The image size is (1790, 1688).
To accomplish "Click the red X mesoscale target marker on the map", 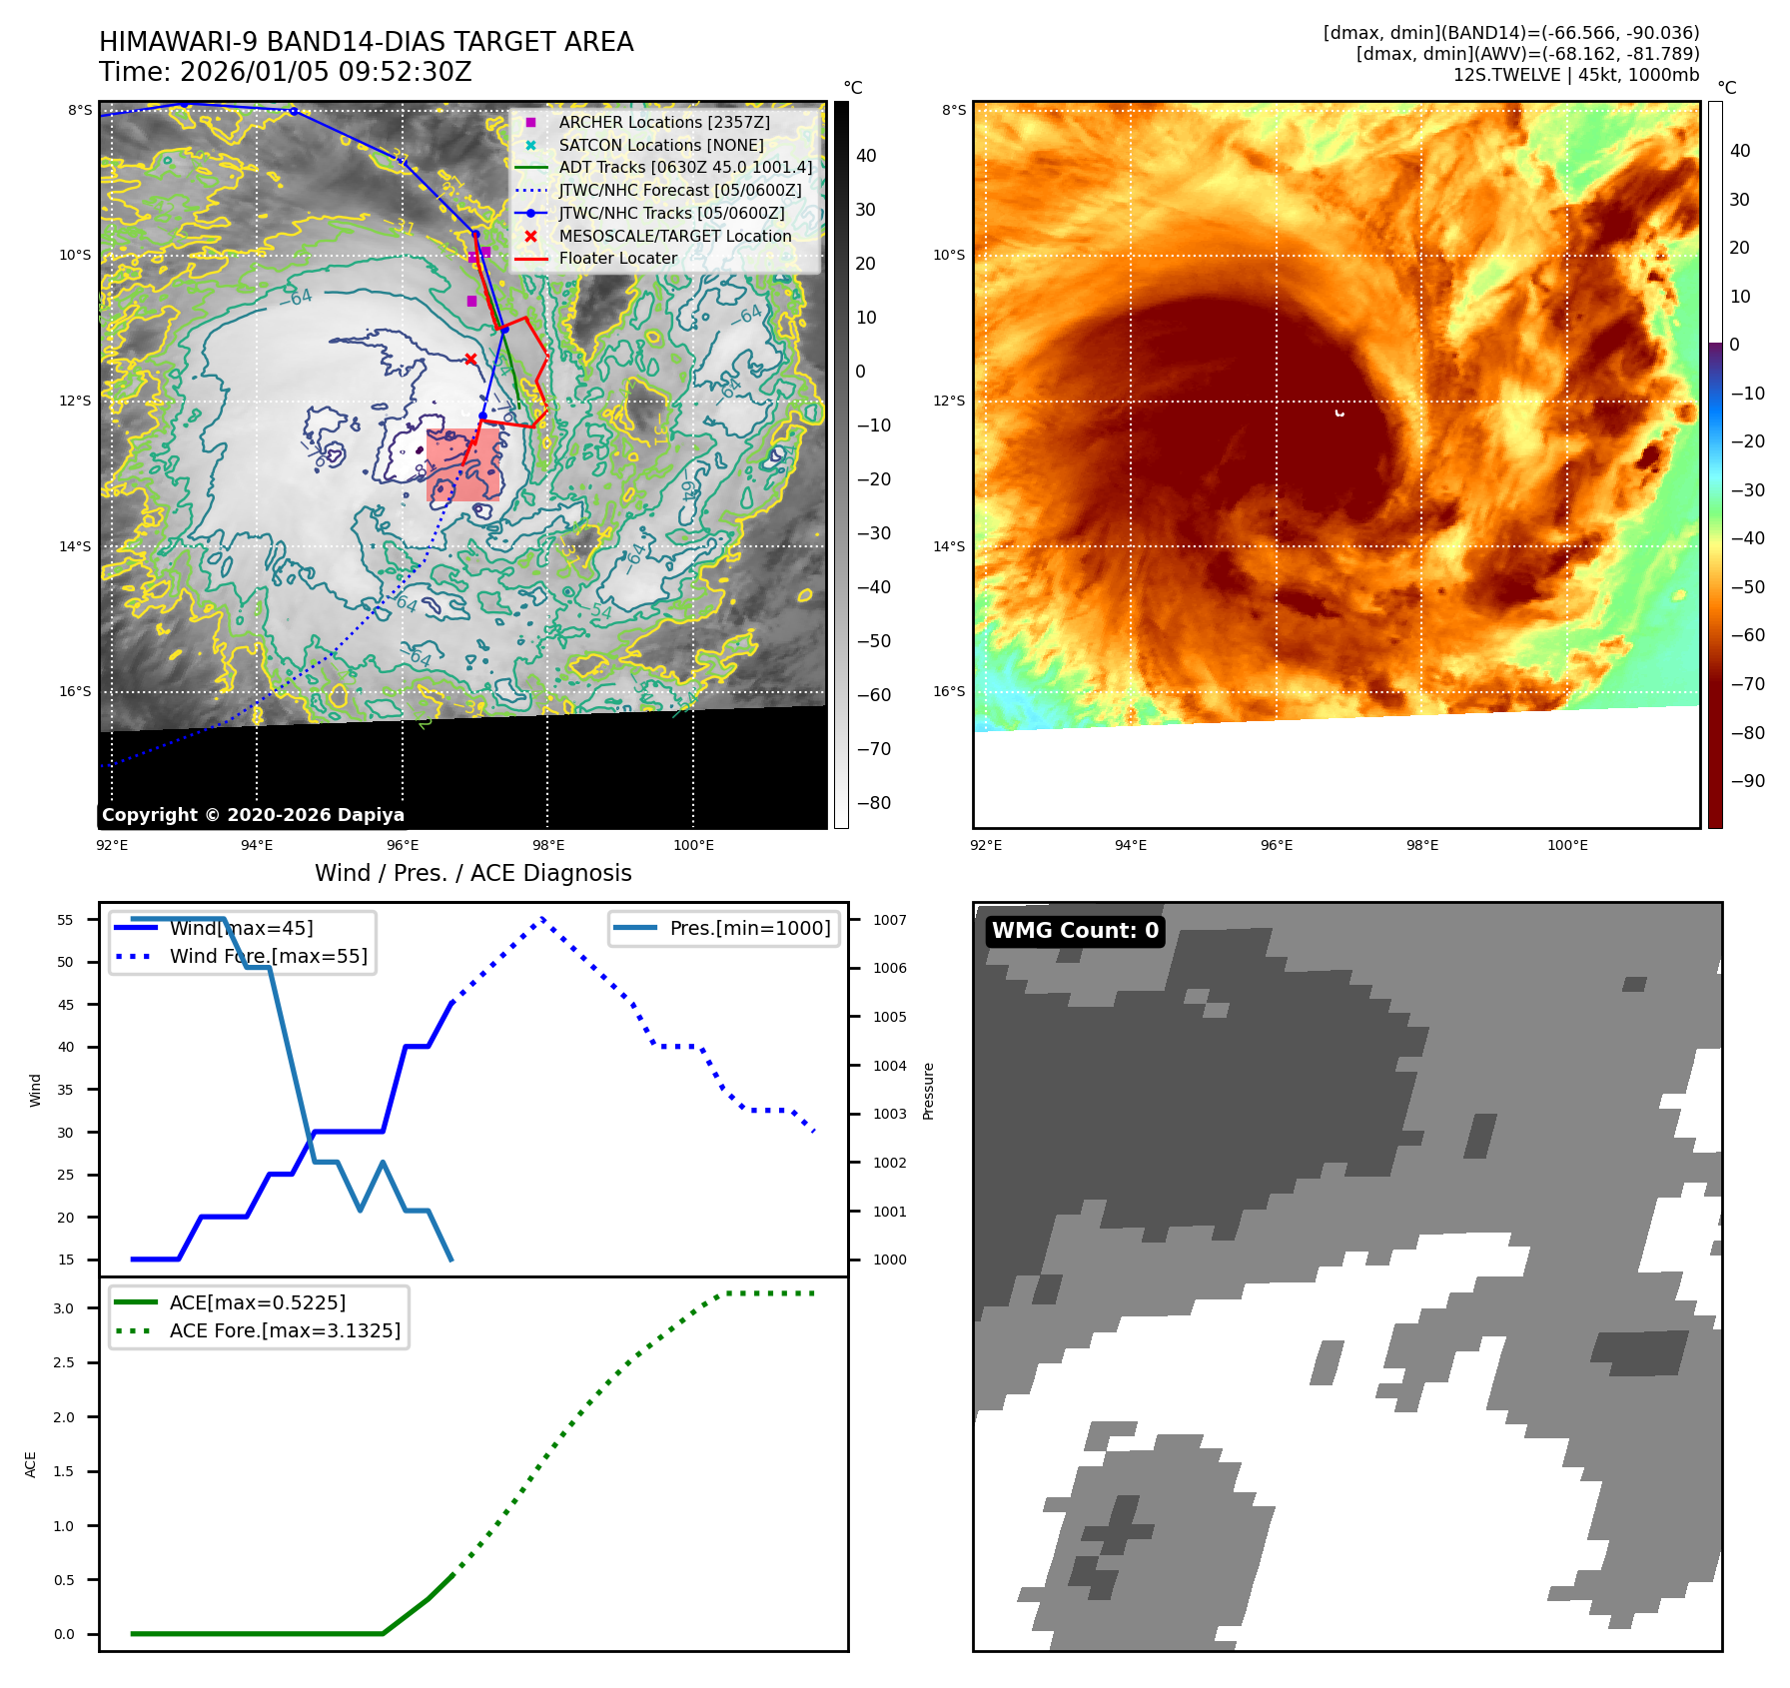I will click(x=470, y=360).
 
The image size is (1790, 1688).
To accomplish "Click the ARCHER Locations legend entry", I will click(x=663, y=122).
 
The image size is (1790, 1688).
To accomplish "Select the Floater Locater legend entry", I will click(x=617, y=258).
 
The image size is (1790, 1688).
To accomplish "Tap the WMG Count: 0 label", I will click(x=1075, y=931).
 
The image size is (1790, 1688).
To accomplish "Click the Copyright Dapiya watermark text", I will click(x=253, y=815).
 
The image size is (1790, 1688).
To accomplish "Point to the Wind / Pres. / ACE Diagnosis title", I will click(x=473, y=873).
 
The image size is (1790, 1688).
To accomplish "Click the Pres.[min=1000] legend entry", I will click(x=749, y=928).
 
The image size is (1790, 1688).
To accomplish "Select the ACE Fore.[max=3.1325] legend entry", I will click(x=285, y=1330).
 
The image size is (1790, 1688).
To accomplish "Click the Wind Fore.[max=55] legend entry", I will click(x=268, y=956).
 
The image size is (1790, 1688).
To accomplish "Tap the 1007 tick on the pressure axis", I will click(x=889, y=920).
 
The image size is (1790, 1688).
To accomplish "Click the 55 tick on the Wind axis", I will click(x=66, y=920).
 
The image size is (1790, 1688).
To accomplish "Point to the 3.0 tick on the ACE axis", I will click(x=64, y=1308).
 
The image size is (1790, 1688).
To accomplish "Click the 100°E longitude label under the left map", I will click(x=693, y=845).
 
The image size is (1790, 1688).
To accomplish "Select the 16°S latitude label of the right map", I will click(x=949, y=691).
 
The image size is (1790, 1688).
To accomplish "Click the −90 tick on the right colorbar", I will click(x=1747, y=781).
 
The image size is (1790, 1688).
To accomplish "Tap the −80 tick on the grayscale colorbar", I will click(x=873, y=803).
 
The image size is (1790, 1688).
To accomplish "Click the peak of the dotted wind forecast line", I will click(x=542, y=918).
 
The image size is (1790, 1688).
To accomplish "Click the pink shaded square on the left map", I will click(x=463, y=464).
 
